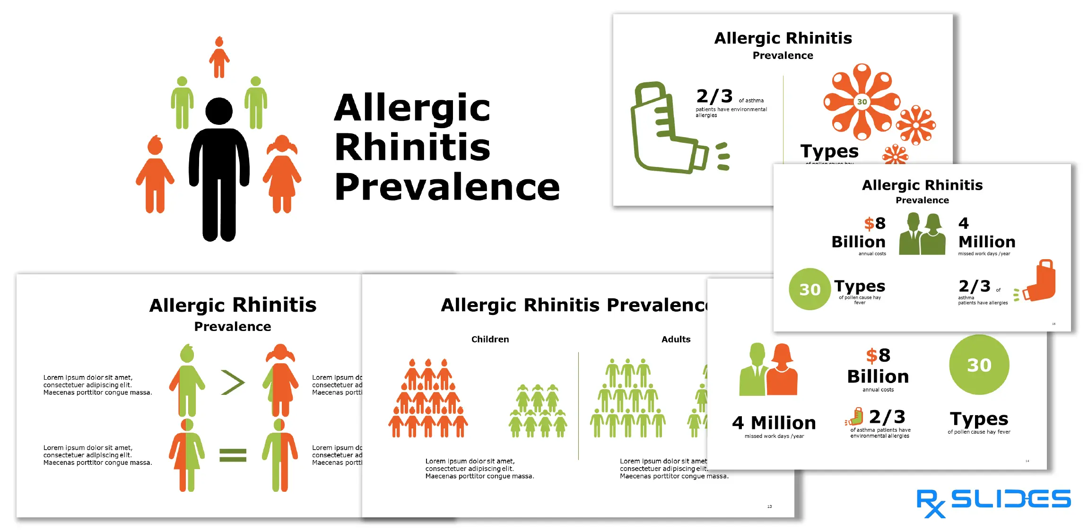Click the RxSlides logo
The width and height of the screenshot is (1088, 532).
pos(993,503)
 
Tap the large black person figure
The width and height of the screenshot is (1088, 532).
pos(219,170)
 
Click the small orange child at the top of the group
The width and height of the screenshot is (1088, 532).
pos(219,57)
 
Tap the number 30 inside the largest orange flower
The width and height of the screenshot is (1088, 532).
pos(862,102)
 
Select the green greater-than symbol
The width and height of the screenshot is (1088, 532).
pos(233,383)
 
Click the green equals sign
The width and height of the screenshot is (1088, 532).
pos(233,455)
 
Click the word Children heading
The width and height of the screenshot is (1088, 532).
pos(490,339)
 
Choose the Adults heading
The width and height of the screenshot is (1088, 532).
pos(676,339)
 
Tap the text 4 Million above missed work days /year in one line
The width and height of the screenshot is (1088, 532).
pos(774,422)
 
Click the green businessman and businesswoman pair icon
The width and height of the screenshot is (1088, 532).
pos(922,234)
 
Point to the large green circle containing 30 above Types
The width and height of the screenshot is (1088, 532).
pos(979,365)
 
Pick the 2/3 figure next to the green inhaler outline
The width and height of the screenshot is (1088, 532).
pos(714,96)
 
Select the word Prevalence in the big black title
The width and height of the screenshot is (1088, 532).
pos(447,187)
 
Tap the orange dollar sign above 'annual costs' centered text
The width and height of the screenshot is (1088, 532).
pos(871,355)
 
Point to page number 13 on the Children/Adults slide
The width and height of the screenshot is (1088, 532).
pos(769,506)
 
